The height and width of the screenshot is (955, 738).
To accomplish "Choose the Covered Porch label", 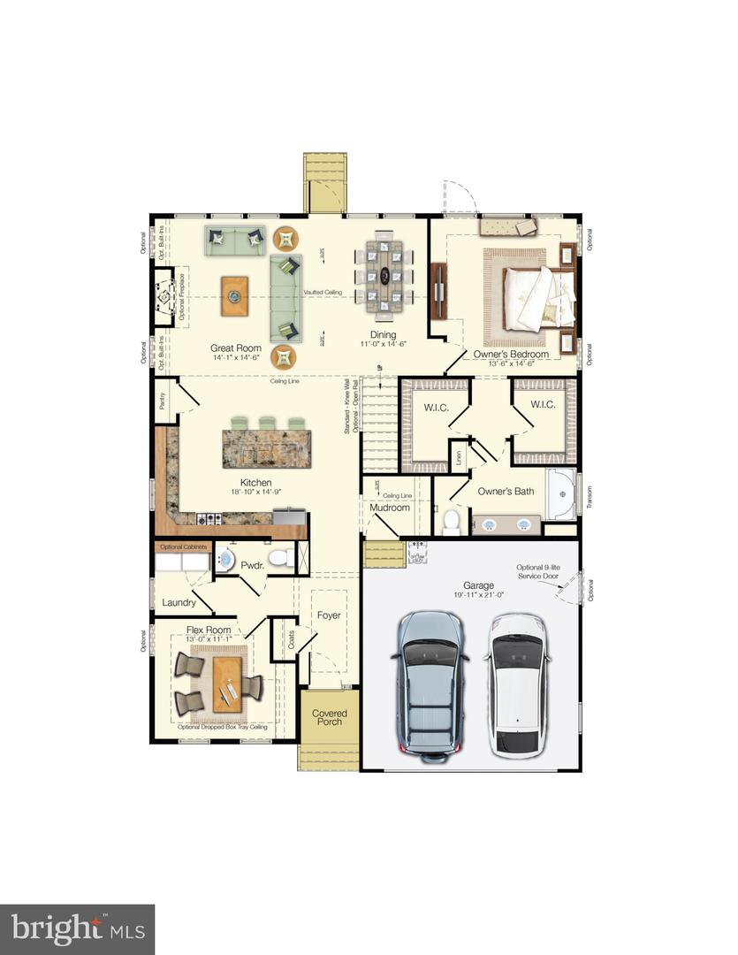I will click(x=329, y=717).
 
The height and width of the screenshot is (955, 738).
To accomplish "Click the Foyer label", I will click(x=329, y=615).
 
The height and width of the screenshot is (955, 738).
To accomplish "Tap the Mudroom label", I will click(x=390, y=508).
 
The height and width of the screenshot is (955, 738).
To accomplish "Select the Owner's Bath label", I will click(x=506, y=491).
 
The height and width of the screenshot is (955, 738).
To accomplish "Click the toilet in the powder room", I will click(x=282, y=558).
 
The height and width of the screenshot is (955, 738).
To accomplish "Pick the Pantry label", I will click(x=163, y=401).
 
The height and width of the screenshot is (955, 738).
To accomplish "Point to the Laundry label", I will click(x=179, y=603).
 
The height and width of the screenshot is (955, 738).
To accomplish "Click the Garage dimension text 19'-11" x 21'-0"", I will click(x=478, y=595).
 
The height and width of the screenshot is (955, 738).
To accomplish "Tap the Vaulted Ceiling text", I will click(x=323, y=292).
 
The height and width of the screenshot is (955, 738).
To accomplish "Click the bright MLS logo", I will click(x=77, y=929).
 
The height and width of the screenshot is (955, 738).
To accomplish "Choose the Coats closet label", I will click(x=293, y=639).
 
